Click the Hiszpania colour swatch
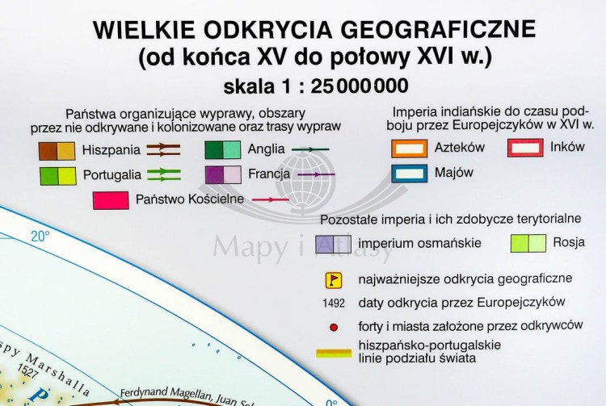[x=57, y=150]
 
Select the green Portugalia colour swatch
[x=57, y=174]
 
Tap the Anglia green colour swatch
[x=222, y=150]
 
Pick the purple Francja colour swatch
[x=222, y=174]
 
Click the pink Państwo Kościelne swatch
[x=111, y=199]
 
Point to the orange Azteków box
[x=409, y=149]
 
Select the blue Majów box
[x=409, y=173]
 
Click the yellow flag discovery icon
[x=331, y=280]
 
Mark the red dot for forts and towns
[x=332, y=328]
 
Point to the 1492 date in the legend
[x=332, y=303]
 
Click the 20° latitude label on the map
[x=40, y=236]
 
